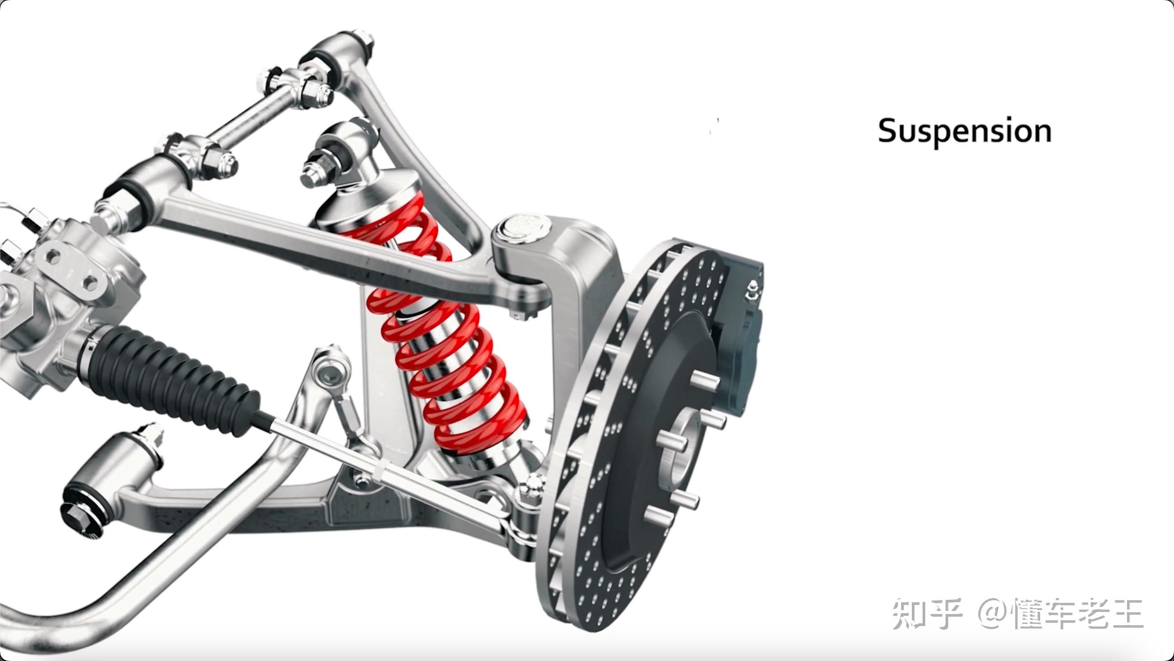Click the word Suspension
[x=965, y=131]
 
